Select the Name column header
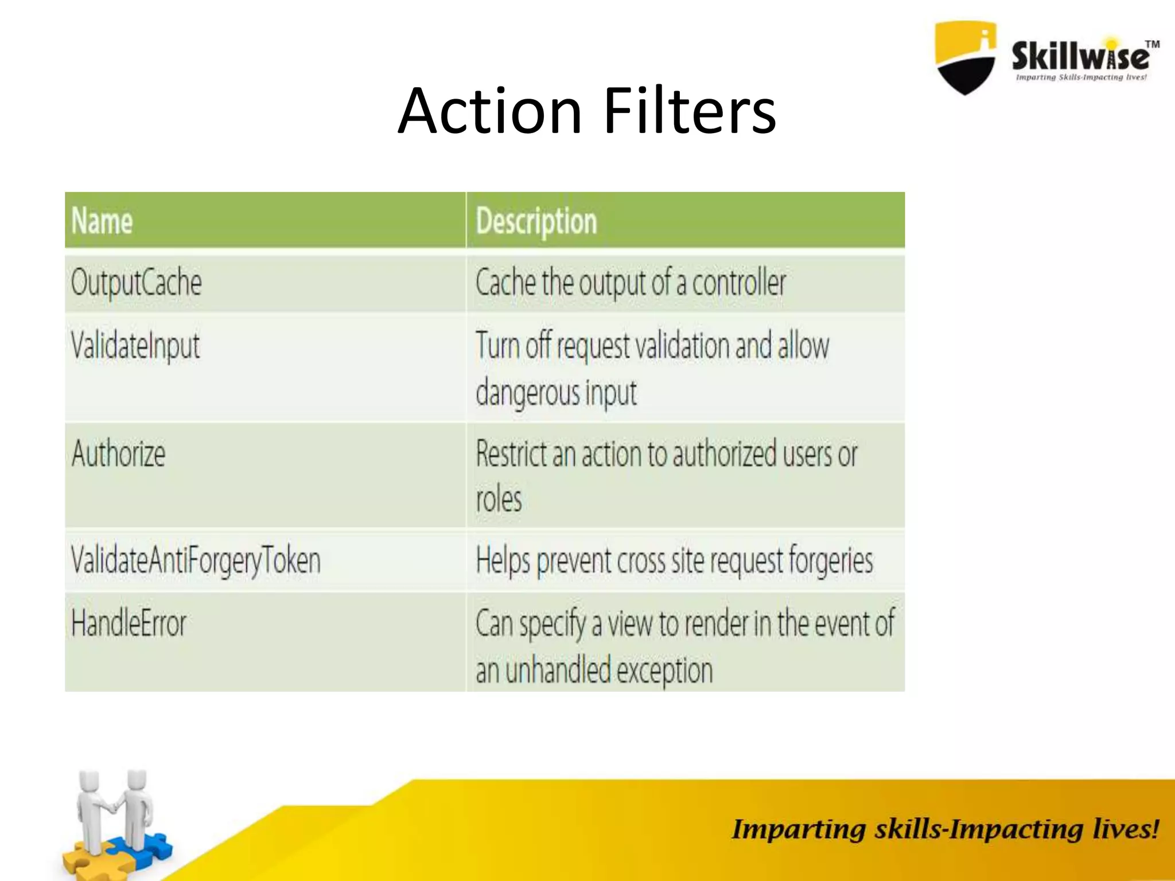pos(102,221)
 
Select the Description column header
pos(536,221)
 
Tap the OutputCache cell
pos(137,283)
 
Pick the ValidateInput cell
pos(135,346)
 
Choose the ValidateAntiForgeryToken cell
pos(196,561)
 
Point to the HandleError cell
pos(129,623)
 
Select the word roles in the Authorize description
pos(499,500)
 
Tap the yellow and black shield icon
pos(965,57)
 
